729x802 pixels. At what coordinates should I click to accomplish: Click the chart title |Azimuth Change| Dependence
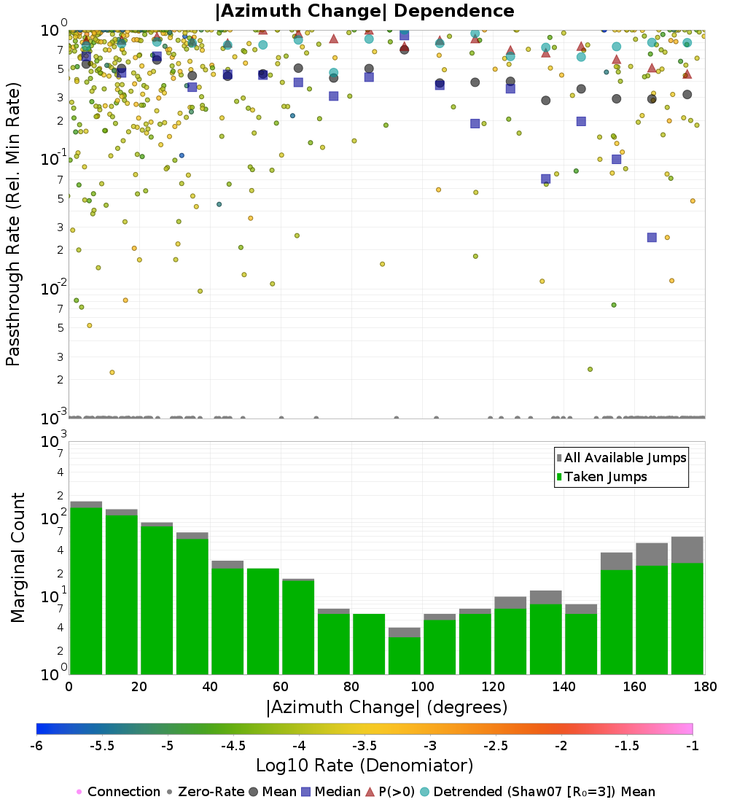click(x=364, y=12)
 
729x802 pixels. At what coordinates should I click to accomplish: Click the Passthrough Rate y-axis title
click(x=13, y=224)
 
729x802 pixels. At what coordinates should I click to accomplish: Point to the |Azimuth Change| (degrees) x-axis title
click(x=386, y=706)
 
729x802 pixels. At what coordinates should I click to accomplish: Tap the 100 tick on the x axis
click(x=422, y=687)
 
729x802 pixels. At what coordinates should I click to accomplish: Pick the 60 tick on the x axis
click(x=281, y=687)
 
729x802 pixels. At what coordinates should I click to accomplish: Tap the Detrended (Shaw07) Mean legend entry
click(x=544, y=792)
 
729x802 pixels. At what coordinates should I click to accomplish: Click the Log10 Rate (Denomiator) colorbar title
click(x=364, y=766)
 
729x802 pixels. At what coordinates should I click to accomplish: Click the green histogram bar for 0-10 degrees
click(x=86, y=591)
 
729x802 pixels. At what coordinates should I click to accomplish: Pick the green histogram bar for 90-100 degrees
click(x=404, y=655)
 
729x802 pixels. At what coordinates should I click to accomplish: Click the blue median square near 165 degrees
click(x=652, y=237)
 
